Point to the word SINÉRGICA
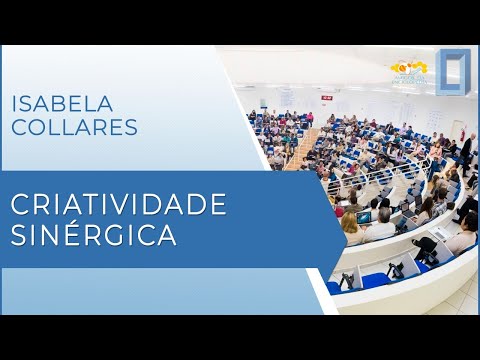[x=94, y=236]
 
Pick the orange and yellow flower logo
[x=409, y=70]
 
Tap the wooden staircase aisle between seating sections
[x=300, y=152]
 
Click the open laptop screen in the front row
[x=365, y=217]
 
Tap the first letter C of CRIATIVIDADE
[x=19, y=204]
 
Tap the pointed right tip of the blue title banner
[x=344, y=218]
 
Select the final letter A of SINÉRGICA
[x=169, y=236]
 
